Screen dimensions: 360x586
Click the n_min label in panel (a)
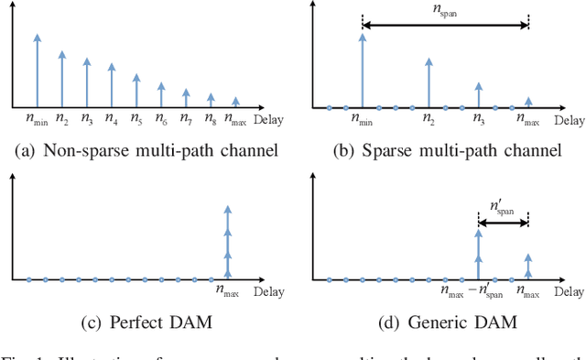(x=38, y=118)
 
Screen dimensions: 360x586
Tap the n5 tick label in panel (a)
(x=136, y=118)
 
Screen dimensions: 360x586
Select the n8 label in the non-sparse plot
(x=211, y=118)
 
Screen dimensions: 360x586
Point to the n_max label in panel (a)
(x=236, y=118)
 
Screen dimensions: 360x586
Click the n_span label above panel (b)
(x=445, y=10)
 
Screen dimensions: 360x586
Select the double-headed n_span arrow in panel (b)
(x=445, y=27)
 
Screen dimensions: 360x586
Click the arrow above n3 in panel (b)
(x=478, y=94)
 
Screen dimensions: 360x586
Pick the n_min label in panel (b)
(x=363, y=118)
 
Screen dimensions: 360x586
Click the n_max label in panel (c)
(x=228, y=290)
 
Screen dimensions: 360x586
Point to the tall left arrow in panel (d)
(x=478, y=254)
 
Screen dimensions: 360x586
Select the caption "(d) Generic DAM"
(x=450, y=323)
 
